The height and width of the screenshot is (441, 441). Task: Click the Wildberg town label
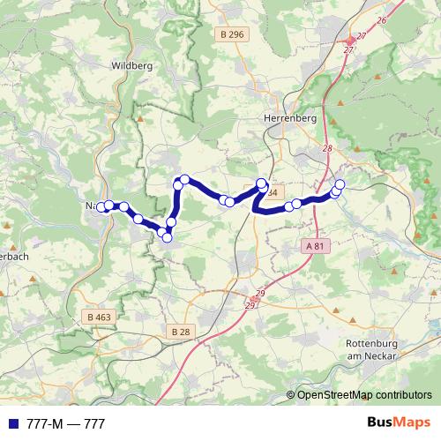133,64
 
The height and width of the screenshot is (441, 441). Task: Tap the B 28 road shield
180,331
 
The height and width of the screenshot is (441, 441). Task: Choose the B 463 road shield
101,316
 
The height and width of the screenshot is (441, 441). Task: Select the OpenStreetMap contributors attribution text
363,395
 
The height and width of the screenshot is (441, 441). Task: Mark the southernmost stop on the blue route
167,235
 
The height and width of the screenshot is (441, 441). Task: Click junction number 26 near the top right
381,19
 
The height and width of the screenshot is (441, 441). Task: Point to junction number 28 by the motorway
327,148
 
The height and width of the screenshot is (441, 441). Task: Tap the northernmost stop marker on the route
184,180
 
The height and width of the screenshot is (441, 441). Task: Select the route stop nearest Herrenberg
261,183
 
